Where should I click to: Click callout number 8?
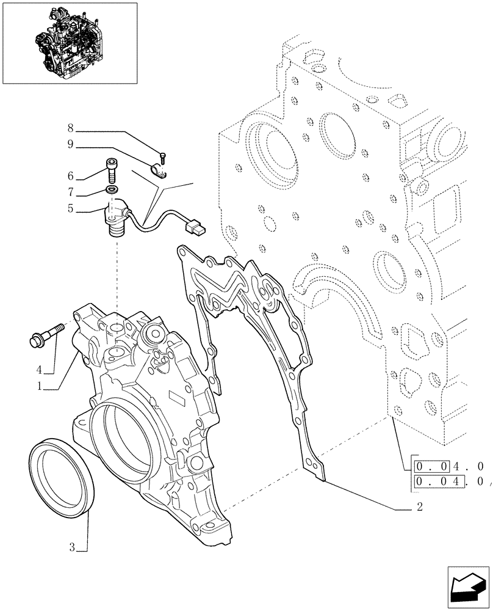click(x=71, y=128)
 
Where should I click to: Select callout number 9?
click(x=71, y=144)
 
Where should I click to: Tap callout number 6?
click(x=71, y=175)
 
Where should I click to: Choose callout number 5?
click(x=71, y=209)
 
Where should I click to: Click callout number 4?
click(x=39, y=370)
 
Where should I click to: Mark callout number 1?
click(x=39, y=386)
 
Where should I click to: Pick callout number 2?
click(x=420, y=507)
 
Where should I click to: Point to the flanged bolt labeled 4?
click(x=46, y=335)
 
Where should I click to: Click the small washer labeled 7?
click(x=112, y=191)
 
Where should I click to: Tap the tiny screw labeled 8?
click(x=164, y=155)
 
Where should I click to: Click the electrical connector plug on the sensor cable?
click(x=196, y=230)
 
